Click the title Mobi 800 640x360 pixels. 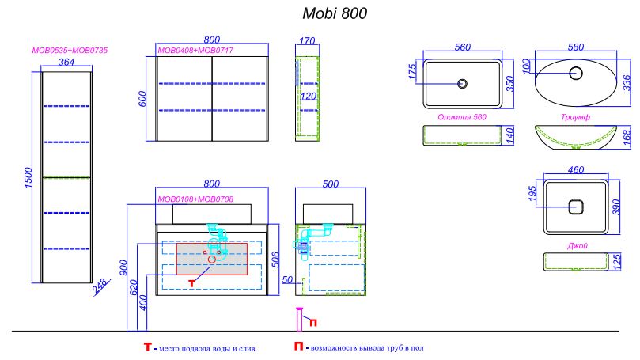(x=335, y=13)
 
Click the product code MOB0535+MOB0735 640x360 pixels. (x=70, y=51)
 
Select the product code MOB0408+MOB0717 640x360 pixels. (x=195, y=51)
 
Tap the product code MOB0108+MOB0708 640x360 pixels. (x=195, y=199)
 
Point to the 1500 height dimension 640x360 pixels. (x=28, y=177)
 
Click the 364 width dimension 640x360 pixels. (x=66, y=62)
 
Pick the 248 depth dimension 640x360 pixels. (x=100, y=286)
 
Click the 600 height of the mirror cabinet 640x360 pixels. (x=142, y=99)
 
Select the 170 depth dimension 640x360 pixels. (x=307, y=41)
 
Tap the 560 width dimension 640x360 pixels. (x=463, y=47)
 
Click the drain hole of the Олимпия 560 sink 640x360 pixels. (x=463, y=84)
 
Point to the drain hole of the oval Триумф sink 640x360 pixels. (x=576, y=73)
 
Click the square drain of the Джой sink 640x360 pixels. (x=576, y=207)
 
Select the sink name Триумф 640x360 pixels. (x=575, y=117)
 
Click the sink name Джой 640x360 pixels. (x=578, y=246)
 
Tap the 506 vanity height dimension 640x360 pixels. (x=276, y=260)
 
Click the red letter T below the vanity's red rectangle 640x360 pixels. (x=191, y=282)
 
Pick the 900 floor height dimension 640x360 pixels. (x=123, y=267)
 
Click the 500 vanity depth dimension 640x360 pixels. (x=330, y=184)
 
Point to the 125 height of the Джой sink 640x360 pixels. (x=617, y=262)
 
